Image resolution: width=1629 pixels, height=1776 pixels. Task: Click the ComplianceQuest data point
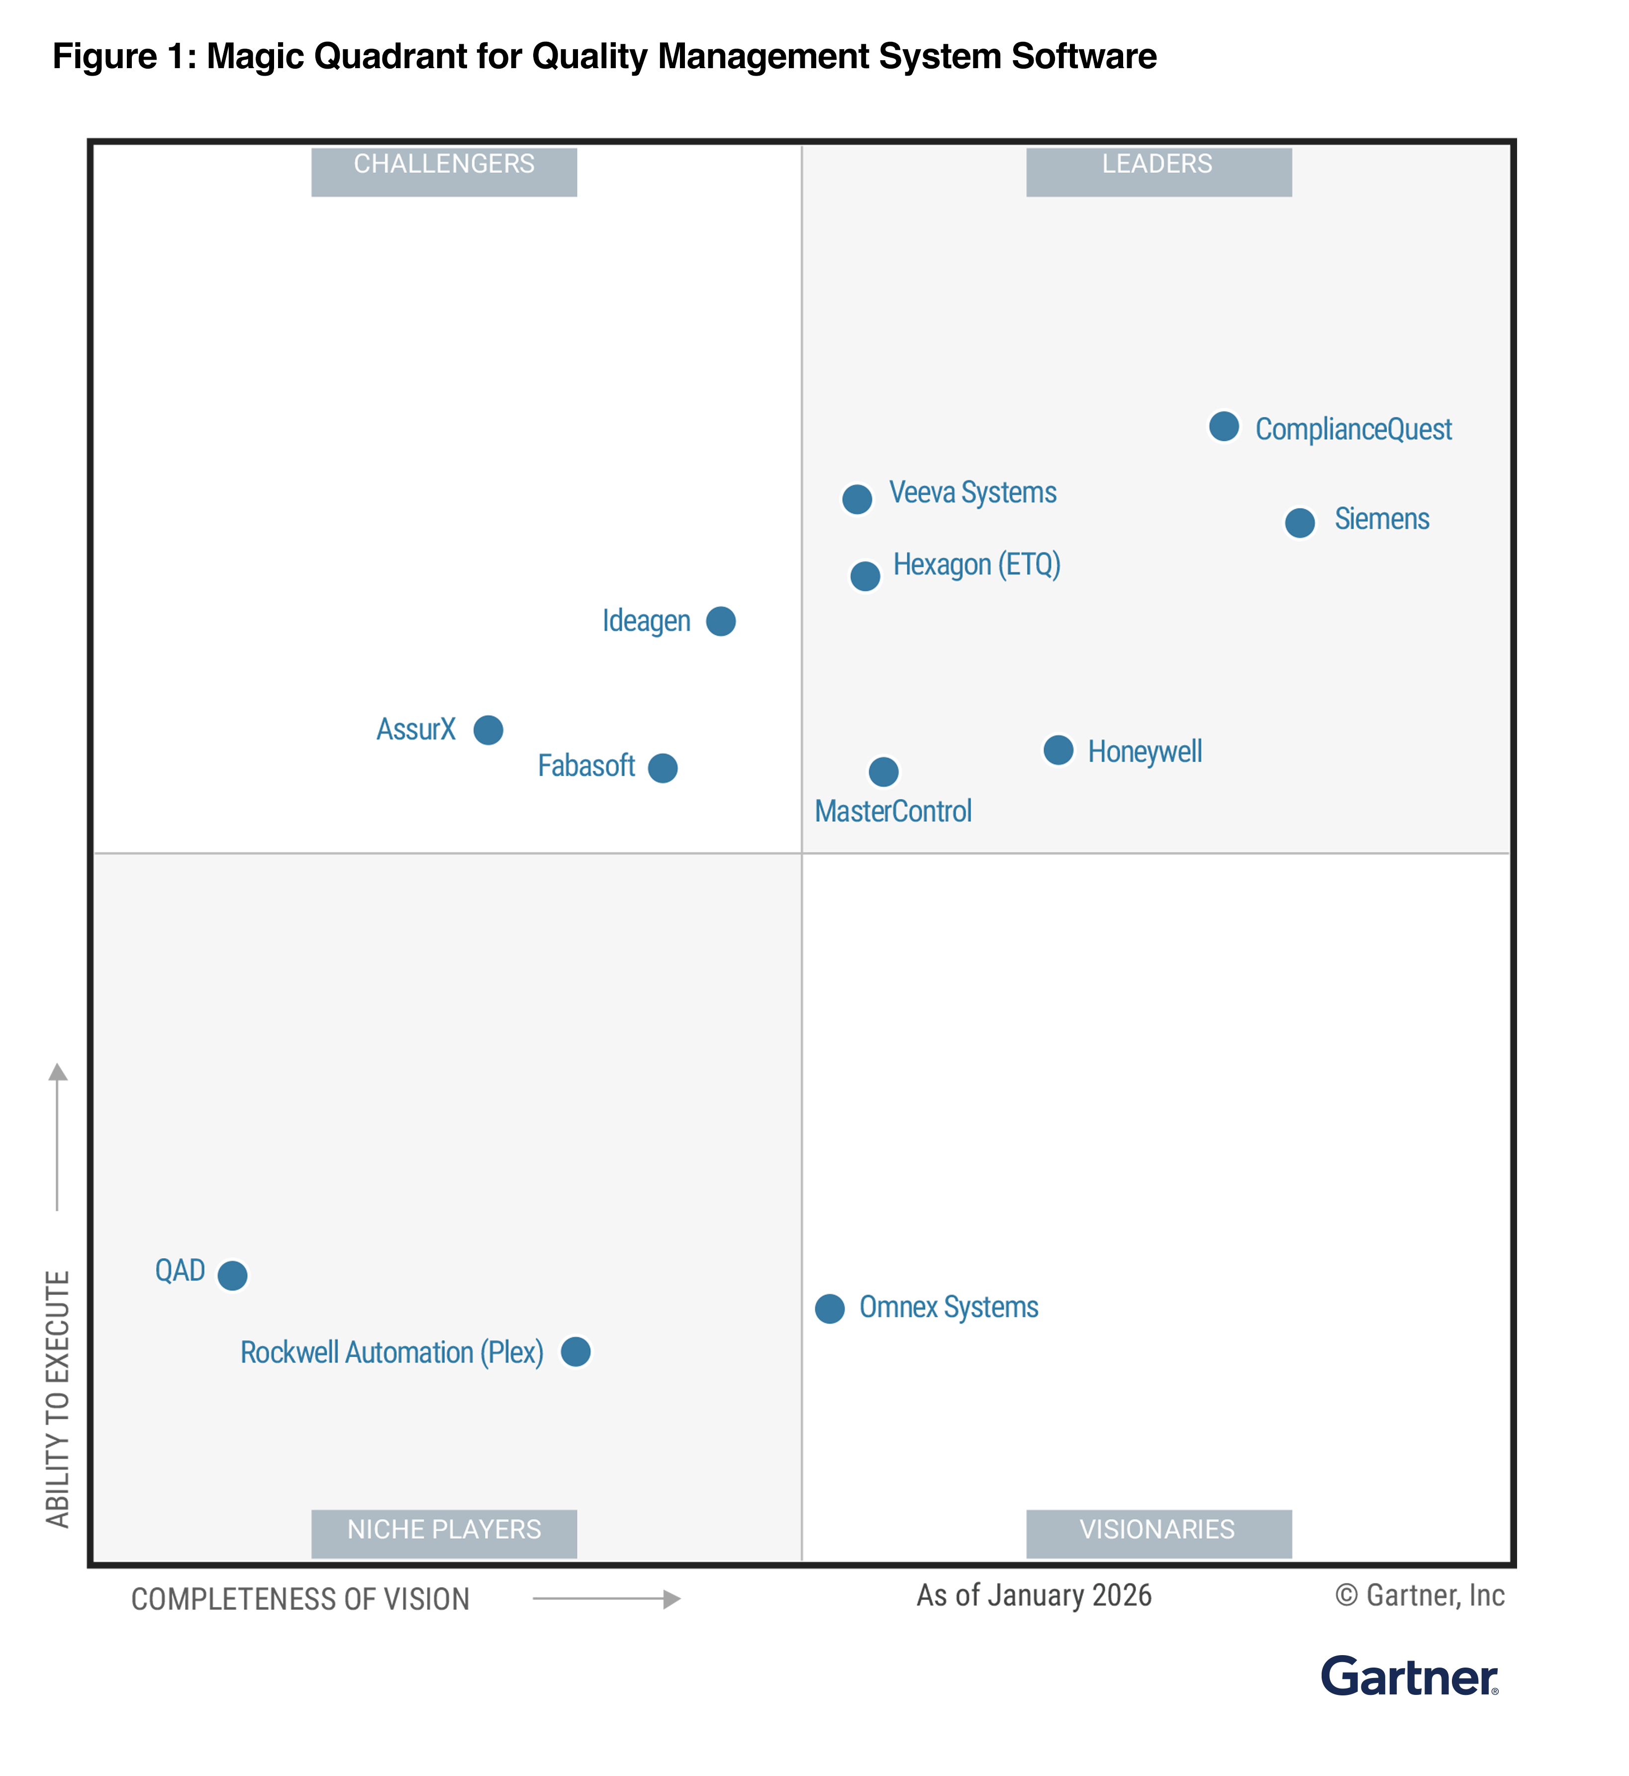(1224, 427)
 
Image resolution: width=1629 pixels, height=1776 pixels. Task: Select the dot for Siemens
(1299, 523)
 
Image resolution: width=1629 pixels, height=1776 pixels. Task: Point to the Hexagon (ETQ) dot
(865, 577)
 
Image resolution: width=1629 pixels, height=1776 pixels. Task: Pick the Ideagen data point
(720, 621)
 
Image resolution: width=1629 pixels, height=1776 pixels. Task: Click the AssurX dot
(487, 730)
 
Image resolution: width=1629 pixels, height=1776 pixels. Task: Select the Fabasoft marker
(662, 768)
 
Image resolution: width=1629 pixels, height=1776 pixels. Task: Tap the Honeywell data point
(1058, 750)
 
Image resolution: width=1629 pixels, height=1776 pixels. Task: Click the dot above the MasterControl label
(883, 772)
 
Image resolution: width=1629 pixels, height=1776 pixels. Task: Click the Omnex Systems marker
(830, 1309)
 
